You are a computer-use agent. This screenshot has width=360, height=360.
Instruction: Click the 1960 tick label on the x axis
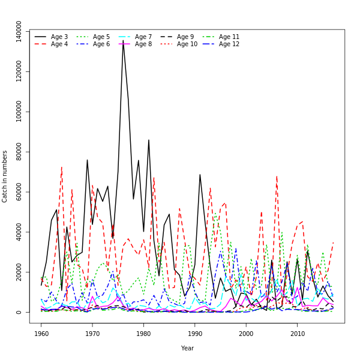[41, 332]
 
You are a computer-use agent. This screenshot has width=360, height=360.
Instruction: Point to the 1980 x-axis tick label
[144, 332]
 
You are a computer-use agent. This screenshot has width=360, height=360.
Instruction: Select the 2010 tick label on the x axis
[297, 332]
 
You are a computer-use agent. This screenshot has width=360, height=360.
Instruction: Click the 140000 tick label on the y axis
[19, 32]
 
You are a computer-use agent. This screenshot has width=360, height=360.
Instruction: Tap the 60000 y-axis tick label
[19, 192]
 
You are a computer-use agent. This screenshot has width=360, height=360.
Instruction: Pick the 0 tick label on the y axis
[19, 312]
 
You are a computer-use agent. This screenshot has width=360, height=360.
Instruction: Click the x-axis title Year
[187, 348]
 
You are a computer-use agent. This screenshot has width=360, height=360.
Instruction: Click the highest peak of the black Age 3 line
[123, 41]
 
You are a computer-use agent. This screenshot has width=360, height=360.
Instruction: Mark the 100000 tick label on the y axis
[19, 112]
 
